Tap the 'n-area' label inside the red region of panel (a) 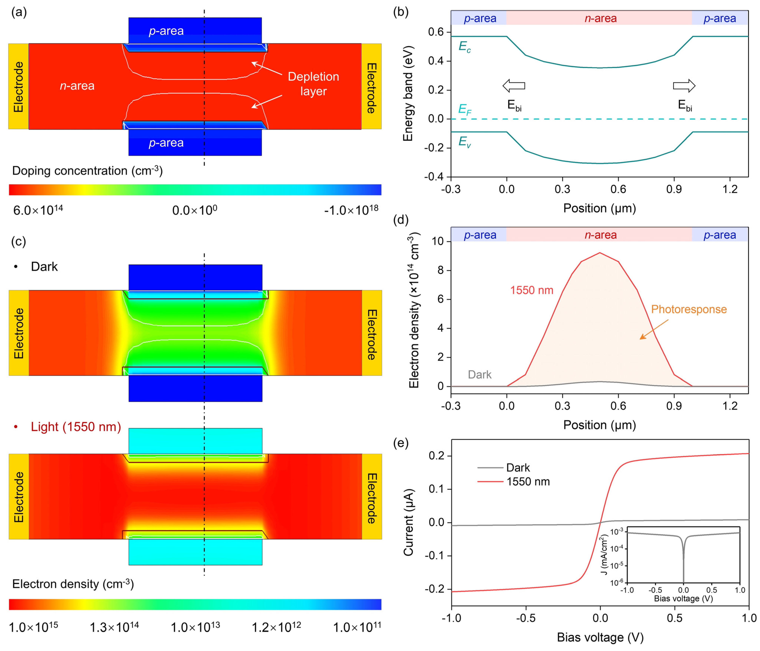coord(77,86)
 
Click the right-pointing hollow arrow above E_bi coord(684,86)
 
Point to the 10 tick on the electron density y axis coord(438,241)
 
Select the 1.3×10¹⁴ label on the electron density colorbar coord(114,627)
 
